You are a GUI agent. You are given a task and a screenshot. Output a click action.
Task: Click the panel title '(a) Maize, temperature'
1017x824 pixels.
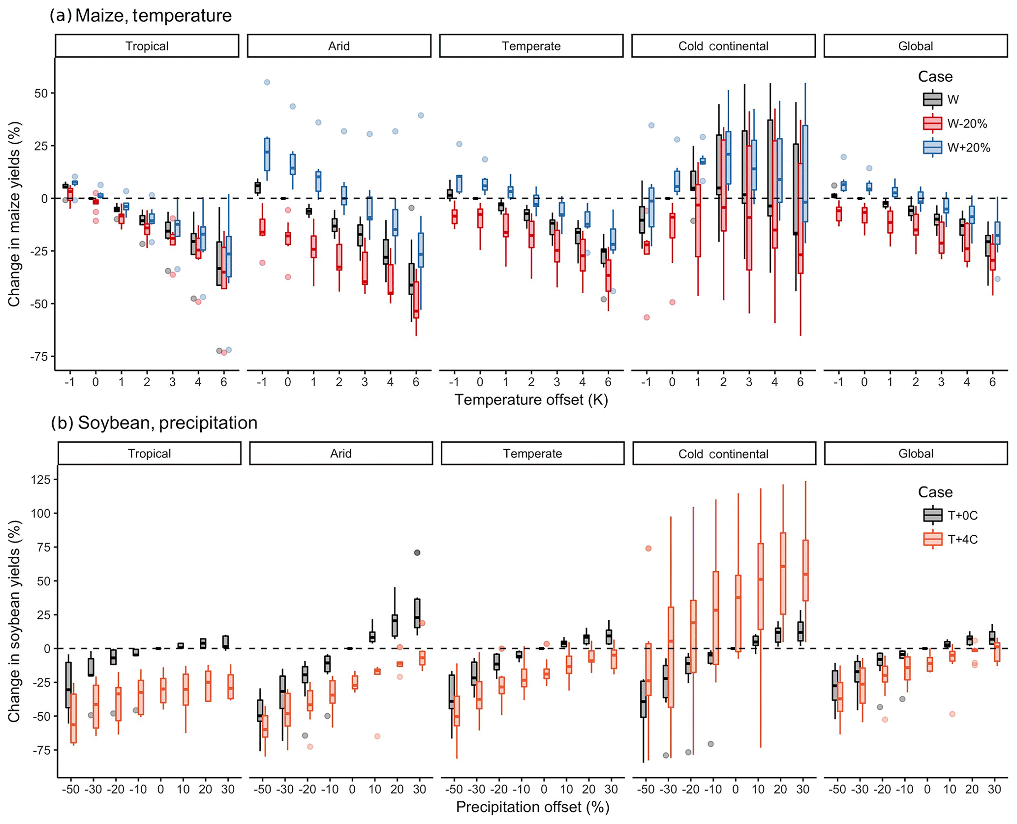click(x=141, y=16)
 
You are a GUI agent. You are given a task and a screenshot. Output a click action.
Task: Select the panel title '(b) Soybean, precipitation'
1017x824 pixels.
click(x=154, y=423)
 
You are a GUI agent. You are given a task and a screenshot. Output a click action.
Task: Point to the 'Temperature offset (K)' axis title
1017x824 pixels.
click(x=531, y=400)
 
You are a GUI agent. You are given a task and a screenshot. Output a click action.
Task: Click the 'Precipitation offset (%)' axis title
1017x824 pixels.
click(x=532, y=807)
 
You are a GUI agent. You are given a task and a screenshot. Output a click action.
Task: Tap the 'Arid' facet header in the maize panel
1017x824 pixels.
click(x=339, y=46)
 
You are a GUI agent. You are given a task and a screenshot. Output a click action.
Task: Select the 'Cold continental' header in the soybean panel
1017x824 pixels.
click(x=723, y=454)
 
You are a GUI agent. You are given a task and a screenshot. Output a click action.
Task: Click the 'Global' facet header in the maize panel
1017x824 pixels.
click(x=915, y=46)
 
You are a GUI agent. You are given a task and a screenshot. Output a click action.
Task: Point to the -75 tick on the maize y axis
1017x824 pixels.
click(x=42, y=356)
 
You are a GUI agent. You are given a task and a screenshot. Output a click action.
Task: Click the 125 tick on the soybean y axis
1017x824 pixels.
click(x=41, y=480)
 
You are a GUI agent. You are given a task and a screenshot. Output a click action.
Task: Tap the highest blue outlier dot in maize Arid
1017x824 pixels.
click(x=267, y=82)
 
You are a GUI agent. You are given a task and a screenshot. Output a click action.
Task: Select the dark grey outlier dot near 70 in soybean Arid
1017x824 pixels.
click(x=417, y=553)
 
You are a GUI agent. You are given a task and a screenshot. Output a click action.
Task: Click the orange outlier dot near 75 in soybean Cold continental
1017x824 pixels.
click(x=648, y=549)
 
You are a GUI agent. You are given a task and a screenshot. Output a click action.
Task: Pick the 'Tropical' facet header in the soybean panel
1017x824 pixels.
click(x=149, y=454)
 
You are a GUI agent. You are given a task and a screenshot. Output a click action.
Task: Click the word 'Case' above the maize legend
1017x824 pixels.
click(x=935, y=77)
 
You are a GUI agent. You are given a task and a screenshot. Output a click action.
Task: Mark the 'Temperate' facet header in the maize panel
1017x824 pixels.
click(x=531, y=46)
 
